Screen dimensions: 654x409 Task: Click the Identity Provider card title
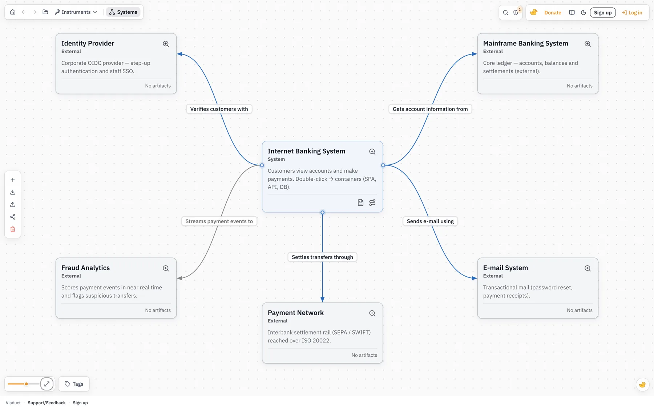[x=88, y=43]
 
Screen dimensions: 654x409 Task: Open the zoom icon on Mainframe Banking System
[x=588, y=44]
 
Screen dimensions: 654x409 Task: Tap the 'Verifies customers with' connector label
[x=219, y=109]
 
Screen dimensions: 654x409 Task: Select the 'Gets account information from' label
[x=430, y=109]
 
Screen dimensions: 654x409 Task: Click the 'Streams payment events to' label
[x=219, y=221]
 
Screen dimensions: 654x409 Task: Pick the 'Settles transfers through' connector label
[x=322, y=257]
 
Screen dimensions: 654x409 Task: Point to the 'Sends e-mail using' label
[x=430, y=221]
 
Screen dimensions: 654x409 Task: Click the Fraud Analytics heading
[x=85, y=268]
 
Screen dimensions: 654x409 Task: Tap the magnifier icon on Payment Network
[x=372, y=313]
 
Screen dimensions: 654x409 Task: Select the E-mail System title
[x=505, y=268]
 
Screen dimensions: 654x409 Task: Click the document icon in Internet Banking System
[x=360, y=203]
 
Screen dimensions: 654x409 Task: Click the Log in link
[x=632, y=13]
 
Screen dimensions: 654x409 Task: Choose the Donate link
[x=553, y=13]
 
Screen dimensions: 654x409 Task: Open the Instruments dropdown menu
[x=76, y=12]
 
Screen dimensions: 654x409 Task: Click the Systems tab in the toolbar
[x=123, y=12]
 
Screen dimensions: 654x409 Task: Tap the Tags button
[x=74, y=384]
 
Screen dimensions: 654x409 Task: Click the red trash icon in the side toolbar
[x=13, y=229]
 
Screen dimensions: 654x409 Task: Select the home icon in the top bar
[x=13, y=12]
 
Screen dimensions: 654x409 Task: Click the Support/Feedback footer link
[x=47, y=403]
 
